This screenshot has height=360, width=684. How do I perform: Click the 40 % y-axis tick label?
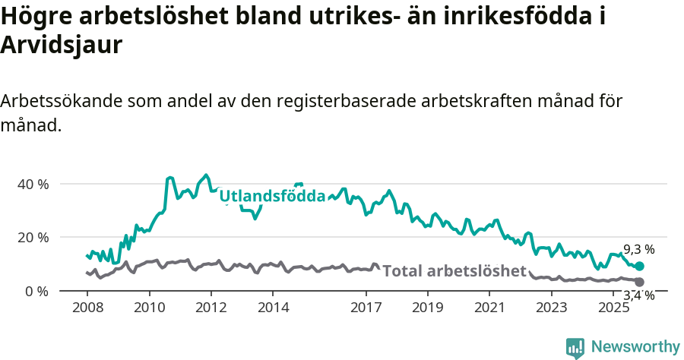(33, 184)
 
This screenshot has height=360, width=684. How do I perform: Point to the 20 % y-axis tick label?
(33, 237)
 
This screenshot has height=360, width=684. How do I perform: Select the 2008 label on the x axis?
(87, 308)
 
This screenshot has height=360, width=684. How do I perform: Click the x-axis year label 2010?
(149, 308)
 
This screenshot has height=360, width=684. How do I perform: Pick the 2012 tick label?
(211, 308)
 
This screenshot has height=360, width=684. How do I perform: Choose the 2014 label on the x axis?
(273, 308)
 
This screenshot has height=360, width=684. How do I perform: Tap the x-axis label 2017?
(366, 308)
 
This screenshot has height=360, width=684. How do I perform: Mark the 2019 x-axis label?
(428, 308)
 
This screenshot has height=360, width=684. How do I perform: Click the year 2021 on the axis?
(489, 308)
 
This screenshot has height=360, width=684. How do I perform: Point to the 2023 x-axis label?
(552, 308)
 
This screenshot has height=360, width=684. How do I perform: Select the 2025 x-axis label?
(613, 308)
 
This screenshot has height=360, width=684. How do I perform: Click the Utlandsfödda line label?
(272, 197)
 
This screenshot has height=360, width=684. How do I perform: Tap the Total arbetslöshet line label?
(454, 271)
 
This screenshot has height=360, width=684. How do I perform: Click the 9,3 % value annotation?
(638, 249)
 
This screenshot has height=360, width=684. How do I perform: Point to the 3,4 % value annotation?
(638, 295)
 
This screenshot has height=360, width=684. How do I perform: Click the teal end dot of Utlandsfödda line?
(640, 267)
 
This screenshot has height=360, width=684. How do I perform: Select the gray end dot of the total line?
(640, 282)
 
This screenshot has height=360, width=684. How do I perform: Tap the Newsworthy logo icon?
(575, 347)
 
